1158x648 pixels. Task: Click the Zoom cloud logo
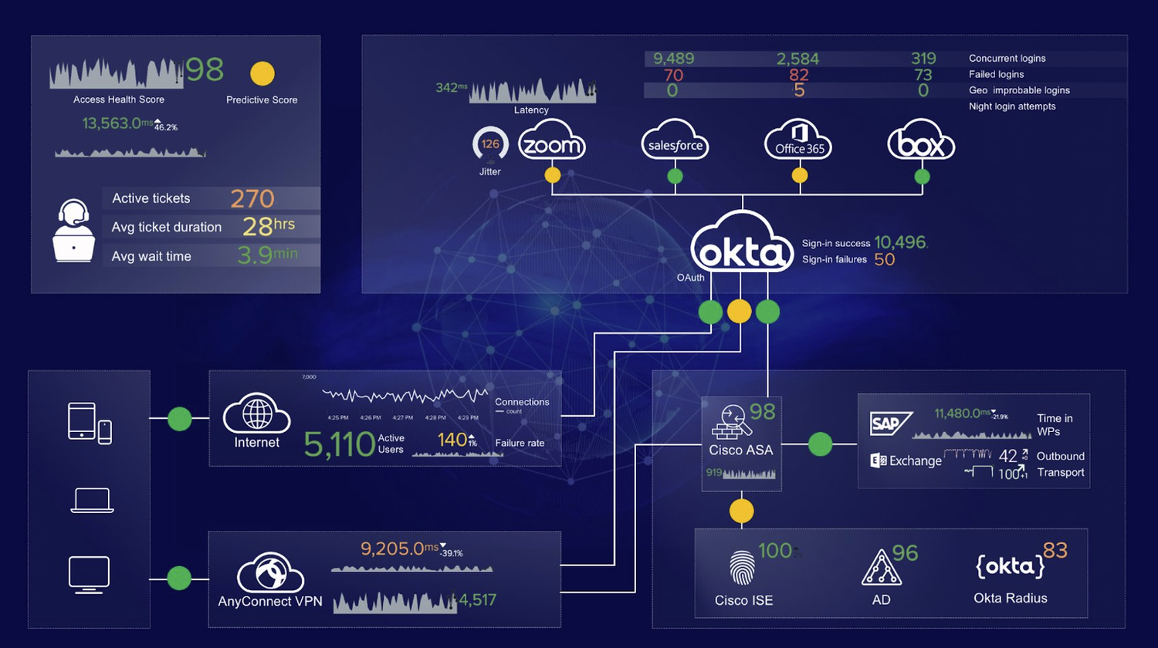tap(551, 141)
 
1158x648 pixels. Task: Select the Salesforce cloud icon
tap(675, 141)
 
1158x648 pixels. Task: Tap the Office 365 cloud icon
tap(799, 141)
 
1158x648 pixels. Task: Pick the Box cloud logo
tap(921, 141)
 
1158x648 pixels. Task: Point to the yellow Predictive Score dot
tap(262, 73)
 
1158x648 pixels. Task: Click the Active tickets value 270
tap(252, 199)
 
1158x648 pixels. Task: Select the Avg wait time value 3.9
tap(255, 256)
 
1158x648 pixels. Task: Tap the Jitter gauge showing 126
tap(490, 144)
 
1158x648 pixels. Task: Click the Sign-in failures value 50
tap(885, 260)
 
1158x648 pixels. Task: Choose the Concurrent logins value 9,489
tap(673, 59)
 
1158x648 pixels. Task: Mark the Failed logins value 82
tap(799, 75)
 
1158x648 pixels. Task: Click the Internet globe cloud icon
tap(257, 415)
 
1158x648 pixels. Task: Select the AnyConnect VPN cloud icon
tap(269, 573)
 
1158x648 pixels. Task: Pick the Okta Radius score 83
tap(1055, 551)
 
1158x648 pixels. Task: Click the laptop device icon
tap(92, 501)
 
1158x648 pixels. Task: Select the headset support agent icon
tap(74, 231)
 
